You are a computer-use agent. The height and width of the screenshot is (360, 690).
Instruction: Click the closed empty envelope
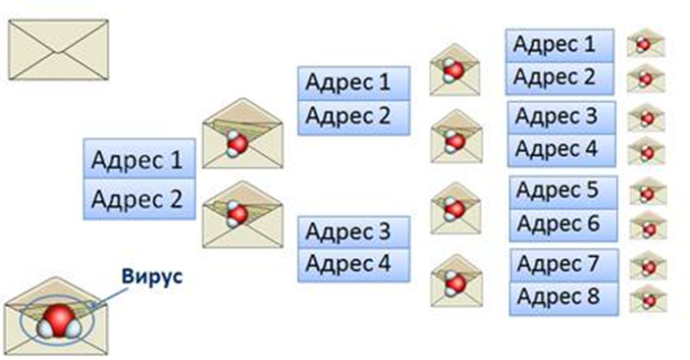click(59, 50)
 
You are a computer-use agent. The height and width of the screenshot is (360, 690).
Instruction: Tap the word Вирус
click(152, 277)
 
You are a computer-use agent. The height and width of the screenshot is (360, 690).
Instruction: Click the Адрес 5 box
click(563, 192)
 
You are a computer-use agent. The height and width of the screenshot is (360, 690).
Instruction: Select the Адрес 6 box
click(563, 225)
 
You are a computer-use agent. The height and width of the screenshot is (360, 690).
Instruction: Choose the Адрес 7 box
click(564, 265)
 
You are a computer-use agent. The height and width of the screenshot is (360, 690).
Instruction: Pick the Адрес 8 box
click(564, 298)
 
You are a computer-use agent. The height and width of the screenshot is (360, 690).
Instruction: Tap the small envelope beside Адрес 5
click(648, 191)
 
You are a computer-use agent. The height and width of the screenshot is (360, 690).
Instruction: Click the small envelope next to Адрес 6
click(648, 227)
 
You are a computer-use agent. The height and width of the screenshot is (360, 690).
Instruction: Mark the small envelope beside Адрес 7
click(648, 265)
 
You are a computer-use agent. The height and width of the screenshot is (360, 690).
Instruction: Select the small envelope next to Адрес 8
click(648, 299)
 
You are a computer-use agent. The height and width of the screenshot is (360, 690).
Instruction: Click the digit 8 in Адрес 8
click(592, 296)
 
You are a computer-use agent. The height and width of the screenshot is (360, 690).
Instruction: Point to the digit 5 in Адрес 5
click(592, 190)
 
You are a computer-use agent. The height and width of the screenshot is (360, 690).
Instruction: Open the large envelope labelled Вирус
click(56, 317)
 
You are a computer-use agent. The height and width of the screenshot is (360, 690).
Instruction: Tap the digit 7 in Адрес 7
click(592, 263)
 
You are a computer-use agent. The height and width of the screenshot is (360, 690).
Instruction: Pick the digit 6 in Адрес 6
click(592, 224)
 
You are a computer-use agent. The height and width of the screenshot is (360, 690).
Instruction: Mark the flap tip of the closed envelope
click(59, 52)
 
